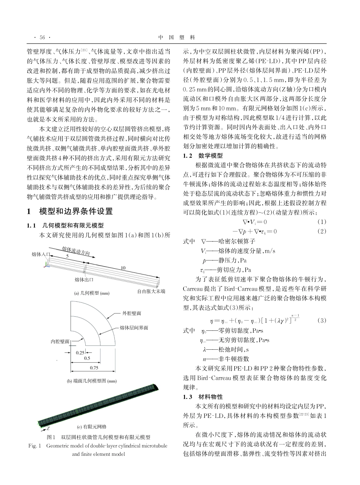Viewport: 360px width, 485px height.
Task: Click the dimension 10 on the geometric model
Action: (123, 268)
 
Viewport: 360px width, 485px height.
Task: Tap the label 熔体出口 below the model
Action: (84, 280)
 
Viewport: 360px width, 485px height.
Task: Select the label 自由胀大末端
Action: (152, 291)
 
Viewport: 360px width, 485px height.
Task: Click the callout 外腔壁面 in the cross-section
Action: (132, 313)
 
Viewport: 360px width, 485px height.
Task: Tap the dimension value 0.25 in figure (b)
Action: (80, 352)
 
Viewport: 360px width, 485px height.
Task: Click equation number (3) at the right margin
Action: (322, 320)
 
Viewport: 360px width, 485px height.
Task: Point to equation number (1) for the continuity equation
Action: (322, 222)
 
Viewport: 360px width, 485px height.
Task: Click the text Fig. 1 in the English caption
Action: (34, 446)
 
